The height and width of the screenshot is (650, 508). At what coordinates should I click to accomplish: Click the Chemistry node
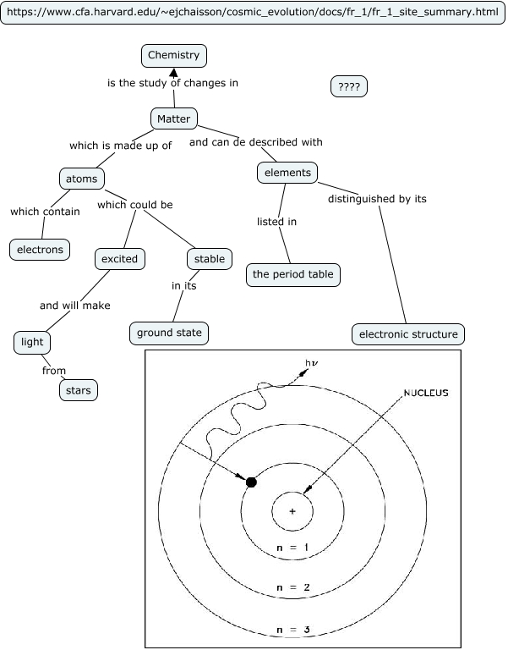[x=173, y=56]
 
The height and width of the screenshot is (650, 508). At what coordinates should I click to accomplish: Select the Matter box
[x=174, y=118]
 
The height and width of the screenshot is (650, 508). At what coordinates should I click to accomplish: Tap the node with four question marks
[x=348, y=86]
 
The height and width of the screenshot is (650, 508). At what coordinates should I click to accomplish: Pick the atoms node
[x=82, y=179]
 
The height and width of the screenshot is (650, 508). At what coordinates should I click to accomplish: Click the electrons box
[x=41, y=250]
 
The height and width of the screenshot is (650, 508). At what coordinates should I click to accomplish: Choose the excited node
[x=119, y=258]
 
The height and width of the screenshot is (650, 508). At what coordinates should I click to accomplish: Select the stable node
[x=209, y=258]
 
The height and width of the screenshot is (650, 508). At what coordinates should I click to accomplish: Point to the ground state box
[x=169, y=333]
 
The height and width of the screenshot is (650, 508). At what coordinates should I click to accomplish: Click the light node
[x=33, y=342]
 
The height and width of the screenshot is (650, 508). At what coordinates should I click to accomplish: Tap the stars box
[x=79, y=389]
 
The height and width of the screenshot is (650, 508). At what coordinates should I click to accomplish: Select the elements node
[x=287, y=173]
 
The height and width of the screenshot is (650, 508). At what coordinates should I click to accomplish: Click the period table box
[x=293, y=274]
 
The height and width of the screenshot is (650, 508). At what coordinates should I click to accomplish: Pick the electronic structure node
[x=408, y=334]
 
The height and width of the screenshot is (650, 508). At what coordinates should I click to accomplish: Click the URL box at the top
[x=253, y=14]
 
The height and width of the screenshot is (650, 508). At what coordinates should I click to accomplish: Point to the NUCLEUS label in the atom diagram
[x=426, y=394]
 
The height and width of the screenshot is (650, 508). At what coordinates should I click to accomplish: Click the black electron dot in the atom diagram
[x=251, y=482]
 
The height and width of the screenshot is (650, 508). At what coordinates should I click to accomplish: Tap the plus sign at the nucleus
[x=292, y=511]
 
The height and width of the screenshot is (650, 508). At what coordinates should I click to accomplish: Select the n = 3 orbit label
[x=292, y=629]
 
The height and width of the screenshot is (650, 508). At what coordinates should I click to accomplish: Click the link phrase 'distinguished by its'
[x=377, y=199]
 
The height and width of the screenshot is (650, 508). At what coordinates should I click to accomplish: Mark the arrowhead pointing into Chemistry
[x=173, y=74]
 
